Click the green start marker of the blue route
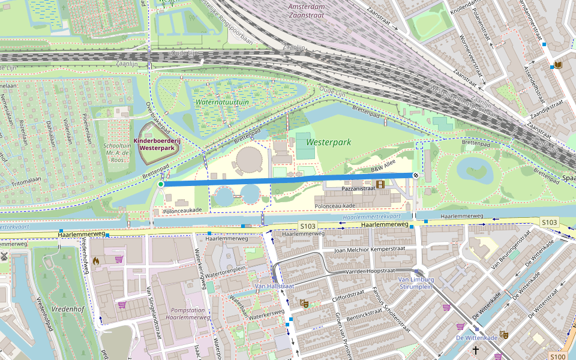(x=161, y=184)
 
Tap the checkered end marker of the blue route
(x=415, y=175)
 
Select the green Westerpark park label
(x=328, y=143)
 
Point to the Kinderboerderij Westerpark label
(x=158, y=145)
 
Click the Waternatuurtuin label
(x=221, y=102)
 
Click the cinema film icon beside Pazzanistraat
(x=380, y=184)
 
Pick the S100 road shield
(x=557, y=356)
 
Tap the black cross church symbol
(x=476, y=349)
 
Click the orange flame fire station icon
(x=96, y=261)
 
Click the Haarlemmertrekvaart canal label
(x=371, y=215)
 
